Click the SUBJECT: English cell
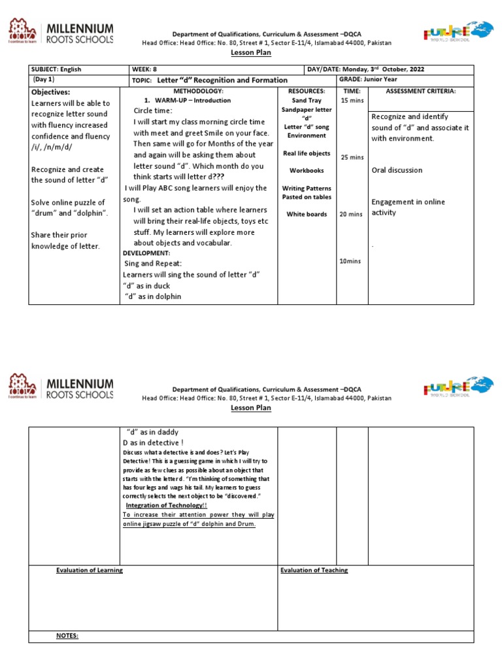pos(56,69)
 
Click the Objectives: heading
pos(51,92)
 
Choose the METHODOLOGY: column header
pos(198,91)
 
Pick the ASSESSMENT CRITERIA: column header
pos(421,91)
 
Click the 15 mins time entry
pos(352,100)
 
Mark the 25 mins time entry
pos(352,157)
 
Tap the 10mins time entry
pos(350,261)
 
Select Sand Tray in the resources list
pos(307,101)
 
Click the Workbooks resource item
pos(307,170)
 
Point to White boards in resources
pos(307,214)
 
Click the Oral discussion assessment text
pos(397,170)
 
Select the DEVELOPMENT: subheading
pos(146,253)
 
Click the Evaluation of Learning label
pos(90,570)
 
